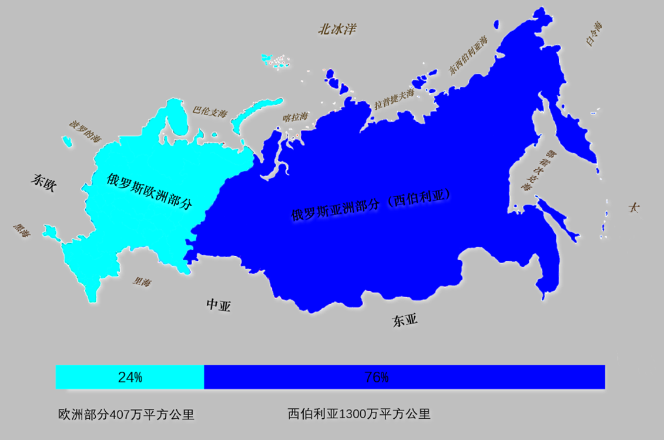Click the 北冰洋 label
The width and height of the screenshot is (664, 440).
click(337, 29)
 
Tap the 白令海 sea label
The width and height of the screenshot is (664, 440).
click(593, 33)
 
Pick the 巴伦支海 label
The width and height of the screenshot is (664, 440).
click(210, 111)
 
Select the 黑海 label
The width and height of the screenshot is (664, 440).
click(22, 231)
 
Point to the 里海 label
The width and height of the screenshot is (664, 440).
click(142, 282)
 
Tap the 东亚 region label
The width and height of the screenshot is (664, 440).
click(405, 320)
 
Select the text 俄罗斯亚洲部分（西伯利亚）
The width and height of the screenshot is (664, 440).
click(370, 205)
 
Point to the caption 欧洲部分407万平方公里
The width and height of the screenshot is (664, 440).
click(126, 414)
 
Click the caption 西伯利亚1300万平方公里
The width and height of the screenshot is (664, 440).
click(359, 414)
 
